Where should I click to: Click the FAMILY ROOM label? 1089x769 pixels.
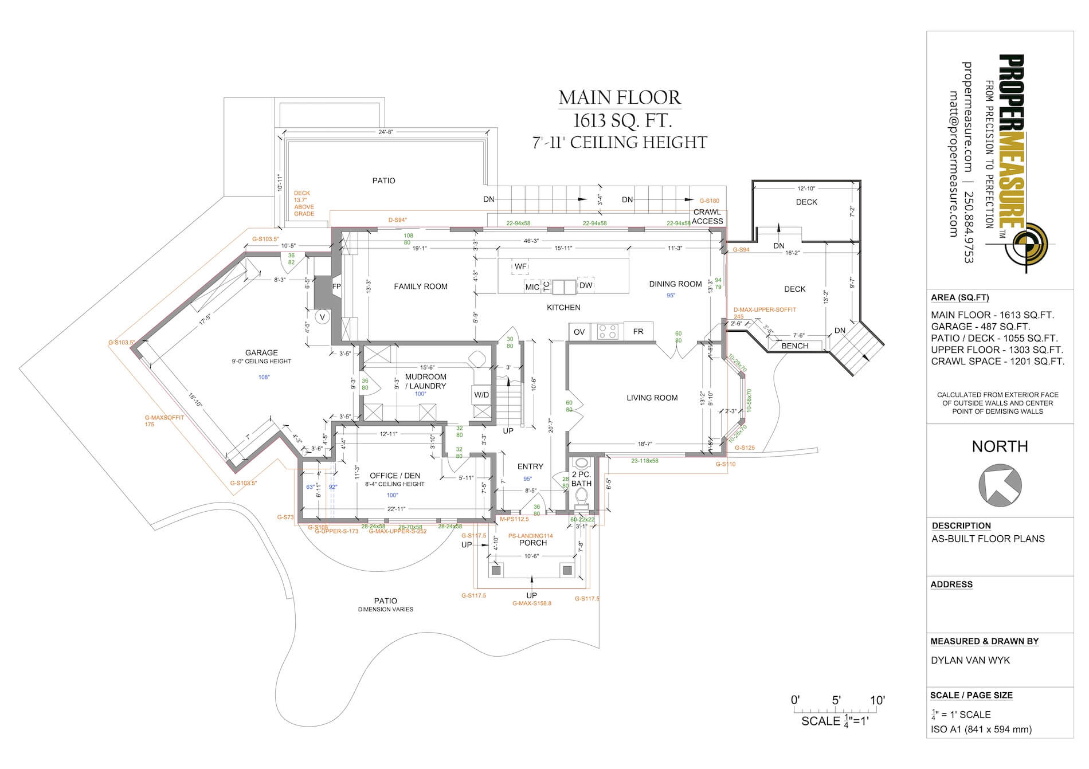pos(421,287)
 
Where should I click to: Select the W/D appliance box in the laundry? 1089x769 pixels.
pos(481,394)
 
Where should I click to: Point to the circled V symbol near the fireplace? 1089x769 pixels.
pos(322,317)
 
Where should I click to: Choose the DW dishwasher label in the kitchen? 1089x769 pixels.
pos(586,285)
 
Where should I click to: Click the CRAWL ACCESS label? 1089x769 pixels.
pos(708,217)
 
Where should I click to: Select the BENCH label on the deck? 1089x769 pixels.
pos(795,346)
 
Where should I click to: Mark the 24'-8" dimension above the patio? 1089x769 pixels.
pos(385,132)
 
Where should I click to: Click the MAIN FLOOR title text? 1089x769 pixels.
pos(620,98)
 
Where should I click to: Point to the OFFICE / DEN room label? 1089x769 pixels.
pos(395,476)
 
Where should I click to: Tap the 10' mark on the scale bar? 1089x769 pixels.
pos(877,700)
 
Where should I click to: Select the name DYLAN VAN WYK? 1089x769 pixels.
pos(970,660)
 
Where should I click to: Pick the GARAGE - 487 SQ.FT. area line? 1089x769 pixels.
pos(980,327)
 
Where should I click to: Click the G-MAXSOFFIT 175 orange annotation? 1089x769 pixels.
pos(164,421)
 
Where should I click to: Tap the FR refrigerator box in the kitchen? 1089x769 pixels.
pos(638,331)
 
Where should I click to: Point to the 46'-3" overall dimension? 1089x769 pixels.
pos(531,241)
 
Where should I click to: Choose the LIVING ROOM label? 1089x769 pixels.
pos(652,398)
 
